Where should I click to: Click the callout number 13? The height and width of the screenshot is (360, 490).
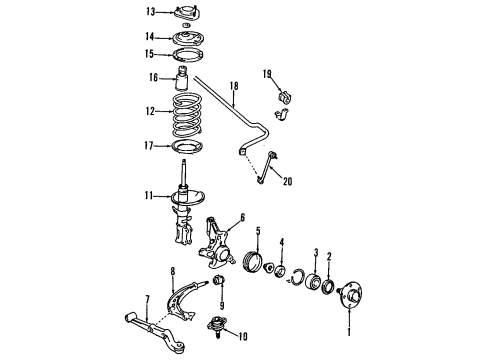pyautogui.click(x=151, y=12)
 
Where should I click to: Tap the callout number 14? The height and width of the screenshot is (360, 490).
pyautogui.click(x=151, y=37)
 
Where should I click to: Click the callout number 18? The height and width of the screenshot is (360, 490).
pyautogui.click(x=232, y=87)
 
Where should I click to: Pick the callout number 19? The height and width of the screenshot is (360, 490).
pyautogui.click(x=267, y=74)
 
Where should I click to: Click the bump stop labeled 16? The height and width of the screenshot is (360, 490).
pyautogui.click(x=186, y=80)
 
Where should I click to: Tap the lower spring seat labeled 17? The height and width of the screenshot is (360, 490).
pyautogui.click(x=186, y=150)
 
